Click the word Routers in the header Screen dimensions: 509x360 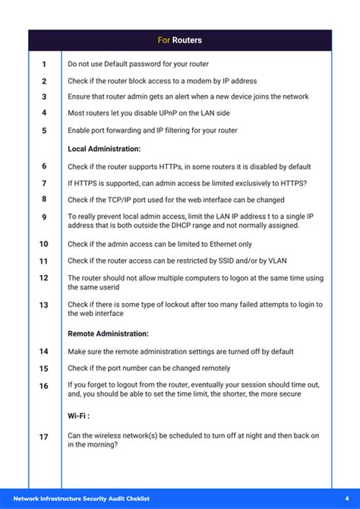[x=187, y=40]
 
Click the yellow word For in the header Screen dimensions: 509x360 [x=164, y=40]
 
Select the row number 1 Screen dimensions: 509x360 [x=44, y=65]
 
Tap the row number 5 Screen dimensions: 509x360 [x=44, y=131]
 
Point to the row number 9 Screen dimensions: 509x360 [x=44, y=217]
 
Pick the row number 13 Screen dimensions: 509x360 [x=44, y=305]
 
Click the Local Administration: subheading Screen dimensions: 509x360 [x=104, y=149]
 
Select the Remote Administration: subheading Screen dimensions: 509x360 [x=108, y=334]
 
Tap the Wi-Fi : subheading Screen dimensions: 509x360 [x=79, y=416]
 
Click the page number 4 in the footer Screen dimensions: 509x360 [x=336, y=499]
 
